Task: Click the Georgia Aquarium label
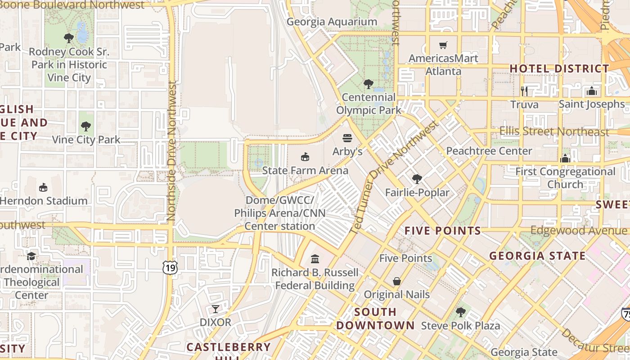(x=332, y=22)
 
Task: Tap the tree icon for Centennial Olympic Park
(x=369, y=84)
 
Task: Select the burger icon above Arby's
(x=347, y=138)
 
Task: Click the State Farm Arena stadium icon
(x=305, y=157)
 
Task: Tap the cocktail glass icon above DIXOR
(x=216, y=309)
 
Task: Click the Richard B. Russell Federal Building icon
(x=315, y=259)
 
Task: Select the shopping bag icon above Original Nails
(x=396, y=281)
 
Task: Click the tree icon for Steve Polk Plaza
(x=460, y=312)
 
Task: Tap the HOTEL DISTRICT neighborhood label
(x=559, y=69)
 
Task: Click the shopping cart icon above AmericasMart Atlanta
(x=443, y=45)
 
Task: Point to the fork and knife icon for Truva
(x=524, y=91)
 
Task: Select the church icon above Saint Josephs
(x=591, y=91)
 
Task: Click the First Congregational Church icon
(x=565, y=158)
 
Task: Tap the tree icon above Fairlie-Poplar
(x=417, y=179)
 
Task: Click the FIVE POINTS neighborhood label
(x=443, y=231)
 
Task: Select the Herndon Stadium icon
(x=43, y=187)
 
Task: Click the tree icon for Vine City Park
(x=86, y=126)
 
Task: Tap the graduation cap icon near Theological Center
(x=31, y=256)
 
